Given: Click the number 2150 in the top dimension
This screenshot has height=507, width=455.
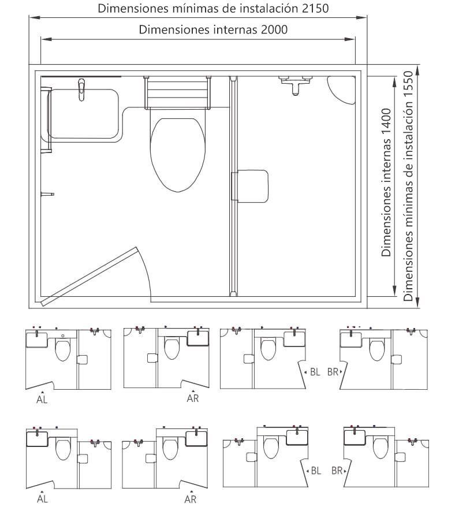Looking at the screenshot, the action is point(315,9).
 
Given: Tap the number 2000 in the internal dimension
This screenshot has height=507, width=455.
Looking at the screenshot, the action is point(274,30).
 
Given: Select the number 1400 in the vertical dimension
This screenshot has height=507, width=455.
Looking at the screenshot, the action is point(386,122).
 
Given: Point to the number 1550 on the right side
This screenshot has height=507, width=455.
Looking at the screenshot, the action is point(408,84).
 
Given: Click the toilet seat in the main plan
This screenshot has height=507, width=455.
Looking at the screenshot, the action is point(178,155).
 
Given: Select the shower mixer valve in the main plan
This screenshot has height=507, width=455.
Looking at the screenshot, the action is point(296,84).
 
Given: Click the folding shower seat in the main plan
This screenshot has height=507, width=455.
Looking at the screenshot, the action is point(250,187).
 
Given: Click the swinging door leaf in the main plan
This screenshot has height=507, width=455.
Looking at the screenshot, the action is point(89,277).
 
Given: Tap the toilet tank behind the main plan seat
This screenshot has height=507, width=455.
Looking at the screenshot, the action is point(178,93).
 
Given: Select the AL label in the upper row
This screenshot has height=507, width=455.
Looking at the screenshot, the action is point(42,400).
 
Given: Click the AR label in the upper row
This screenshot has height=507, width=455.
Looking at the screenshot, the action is point(193,398).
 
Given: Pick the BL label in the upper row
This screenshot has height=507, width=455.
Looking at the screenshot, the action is point(315,372).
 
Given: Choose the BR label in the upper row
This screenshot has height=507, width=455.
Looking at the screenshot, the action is point(333,372).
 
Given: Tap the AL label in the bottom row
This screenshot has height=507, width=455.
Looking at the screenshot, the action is point(42,499).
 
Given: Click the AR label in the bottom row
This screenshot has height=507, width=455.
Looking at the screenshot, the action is point(191,499).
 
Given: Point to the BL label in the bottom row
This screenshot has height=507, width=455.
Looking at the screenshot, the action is point(316,471).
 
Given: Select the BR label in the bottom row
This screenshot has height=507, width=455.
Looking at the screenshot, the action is point(337,471).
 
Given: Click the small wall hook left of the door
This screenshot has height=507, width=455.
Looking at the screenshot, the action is point(47,195).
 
